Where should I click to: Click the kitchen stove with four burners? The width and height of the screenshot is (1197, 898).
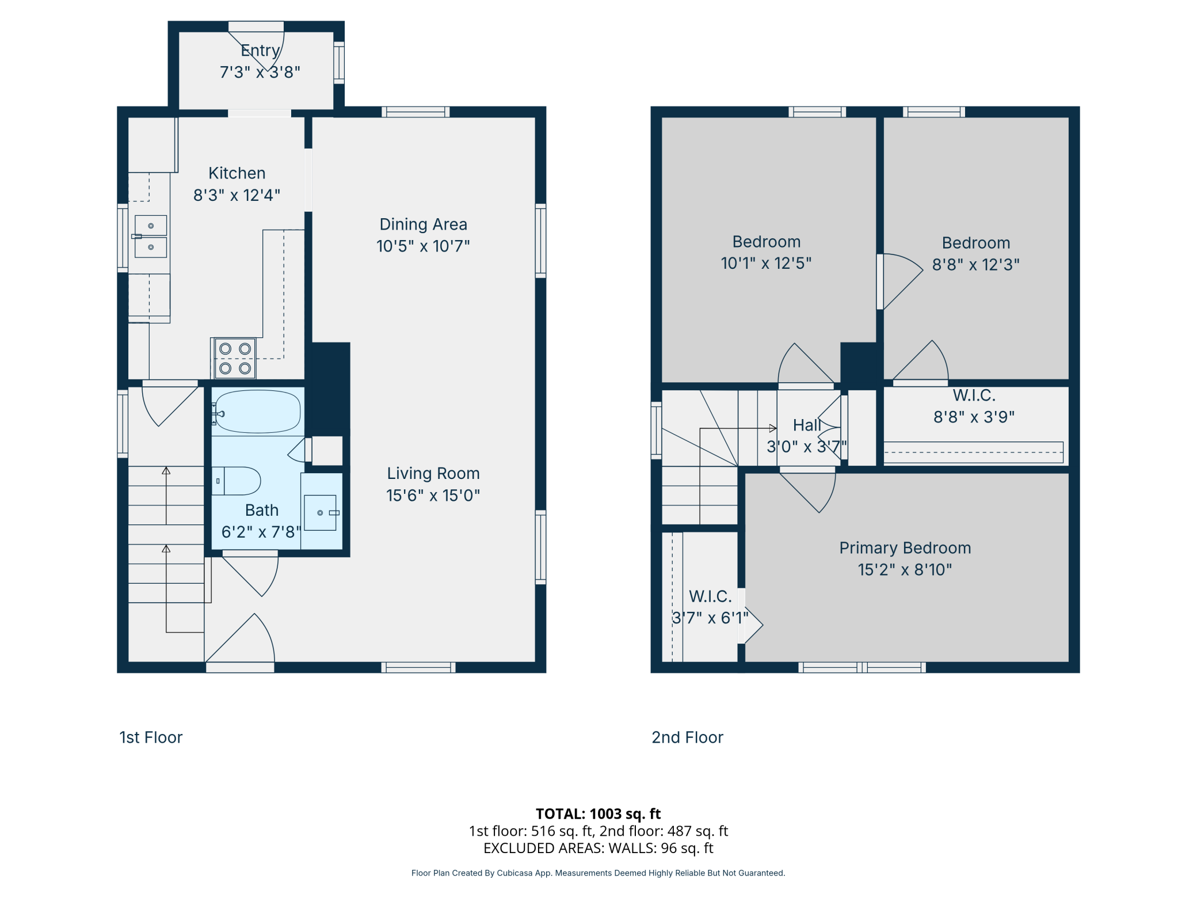(235, 358)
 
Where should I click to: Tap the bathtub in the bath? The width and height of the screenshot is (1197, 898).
(258, 412)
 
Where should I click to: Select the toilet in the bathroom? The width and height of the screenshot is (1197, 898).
(237, 481)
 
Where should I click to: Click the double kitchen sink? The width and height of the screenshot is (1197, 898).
(151, 237)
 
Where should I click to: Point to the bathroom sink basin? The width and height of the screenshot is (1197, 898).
(320, 512)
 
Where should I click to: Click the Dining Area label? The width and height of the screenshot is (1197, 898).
(424, 224)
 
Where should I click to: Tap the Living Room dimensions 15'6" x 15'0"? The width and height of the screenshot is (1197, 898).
(433, 496)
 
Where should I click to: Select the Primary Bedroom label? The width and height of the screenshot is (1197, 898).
(905, 548)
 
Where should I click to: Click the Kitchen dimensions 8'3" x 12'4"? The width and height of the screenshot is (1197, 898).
(237, 196)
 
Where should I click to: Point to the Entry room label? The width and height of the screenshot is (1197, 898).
(260, 51)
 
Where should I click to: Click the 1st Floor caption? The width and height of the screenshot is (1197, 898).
(151, 737)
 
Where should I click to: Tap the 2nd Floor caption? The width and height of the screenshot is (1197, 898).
(687, 737)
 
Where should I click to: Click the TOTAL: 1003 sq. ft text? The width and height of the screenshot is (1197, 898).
(598, 814)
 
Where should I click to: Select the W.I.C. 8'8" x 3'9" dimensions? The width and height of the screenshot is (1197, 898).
(974, 417)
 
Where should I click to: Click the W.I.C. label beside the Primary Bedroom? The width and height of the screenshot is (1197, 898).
(710, 596)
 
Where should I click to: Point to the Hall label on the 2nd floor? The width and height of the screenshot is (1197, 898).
(807, 425)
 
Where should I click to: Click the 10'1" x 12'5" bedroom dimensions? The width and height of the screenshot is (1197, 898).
(766, 264)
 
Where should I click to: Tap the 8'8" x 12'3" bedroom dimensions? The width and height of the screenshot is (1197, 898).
(976, 265)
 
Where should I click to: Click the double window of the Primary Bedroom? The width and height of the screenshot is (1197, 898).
(862, 667)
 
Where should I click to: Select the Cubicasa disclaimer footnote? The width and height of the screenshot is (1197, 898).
(598, 873)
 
